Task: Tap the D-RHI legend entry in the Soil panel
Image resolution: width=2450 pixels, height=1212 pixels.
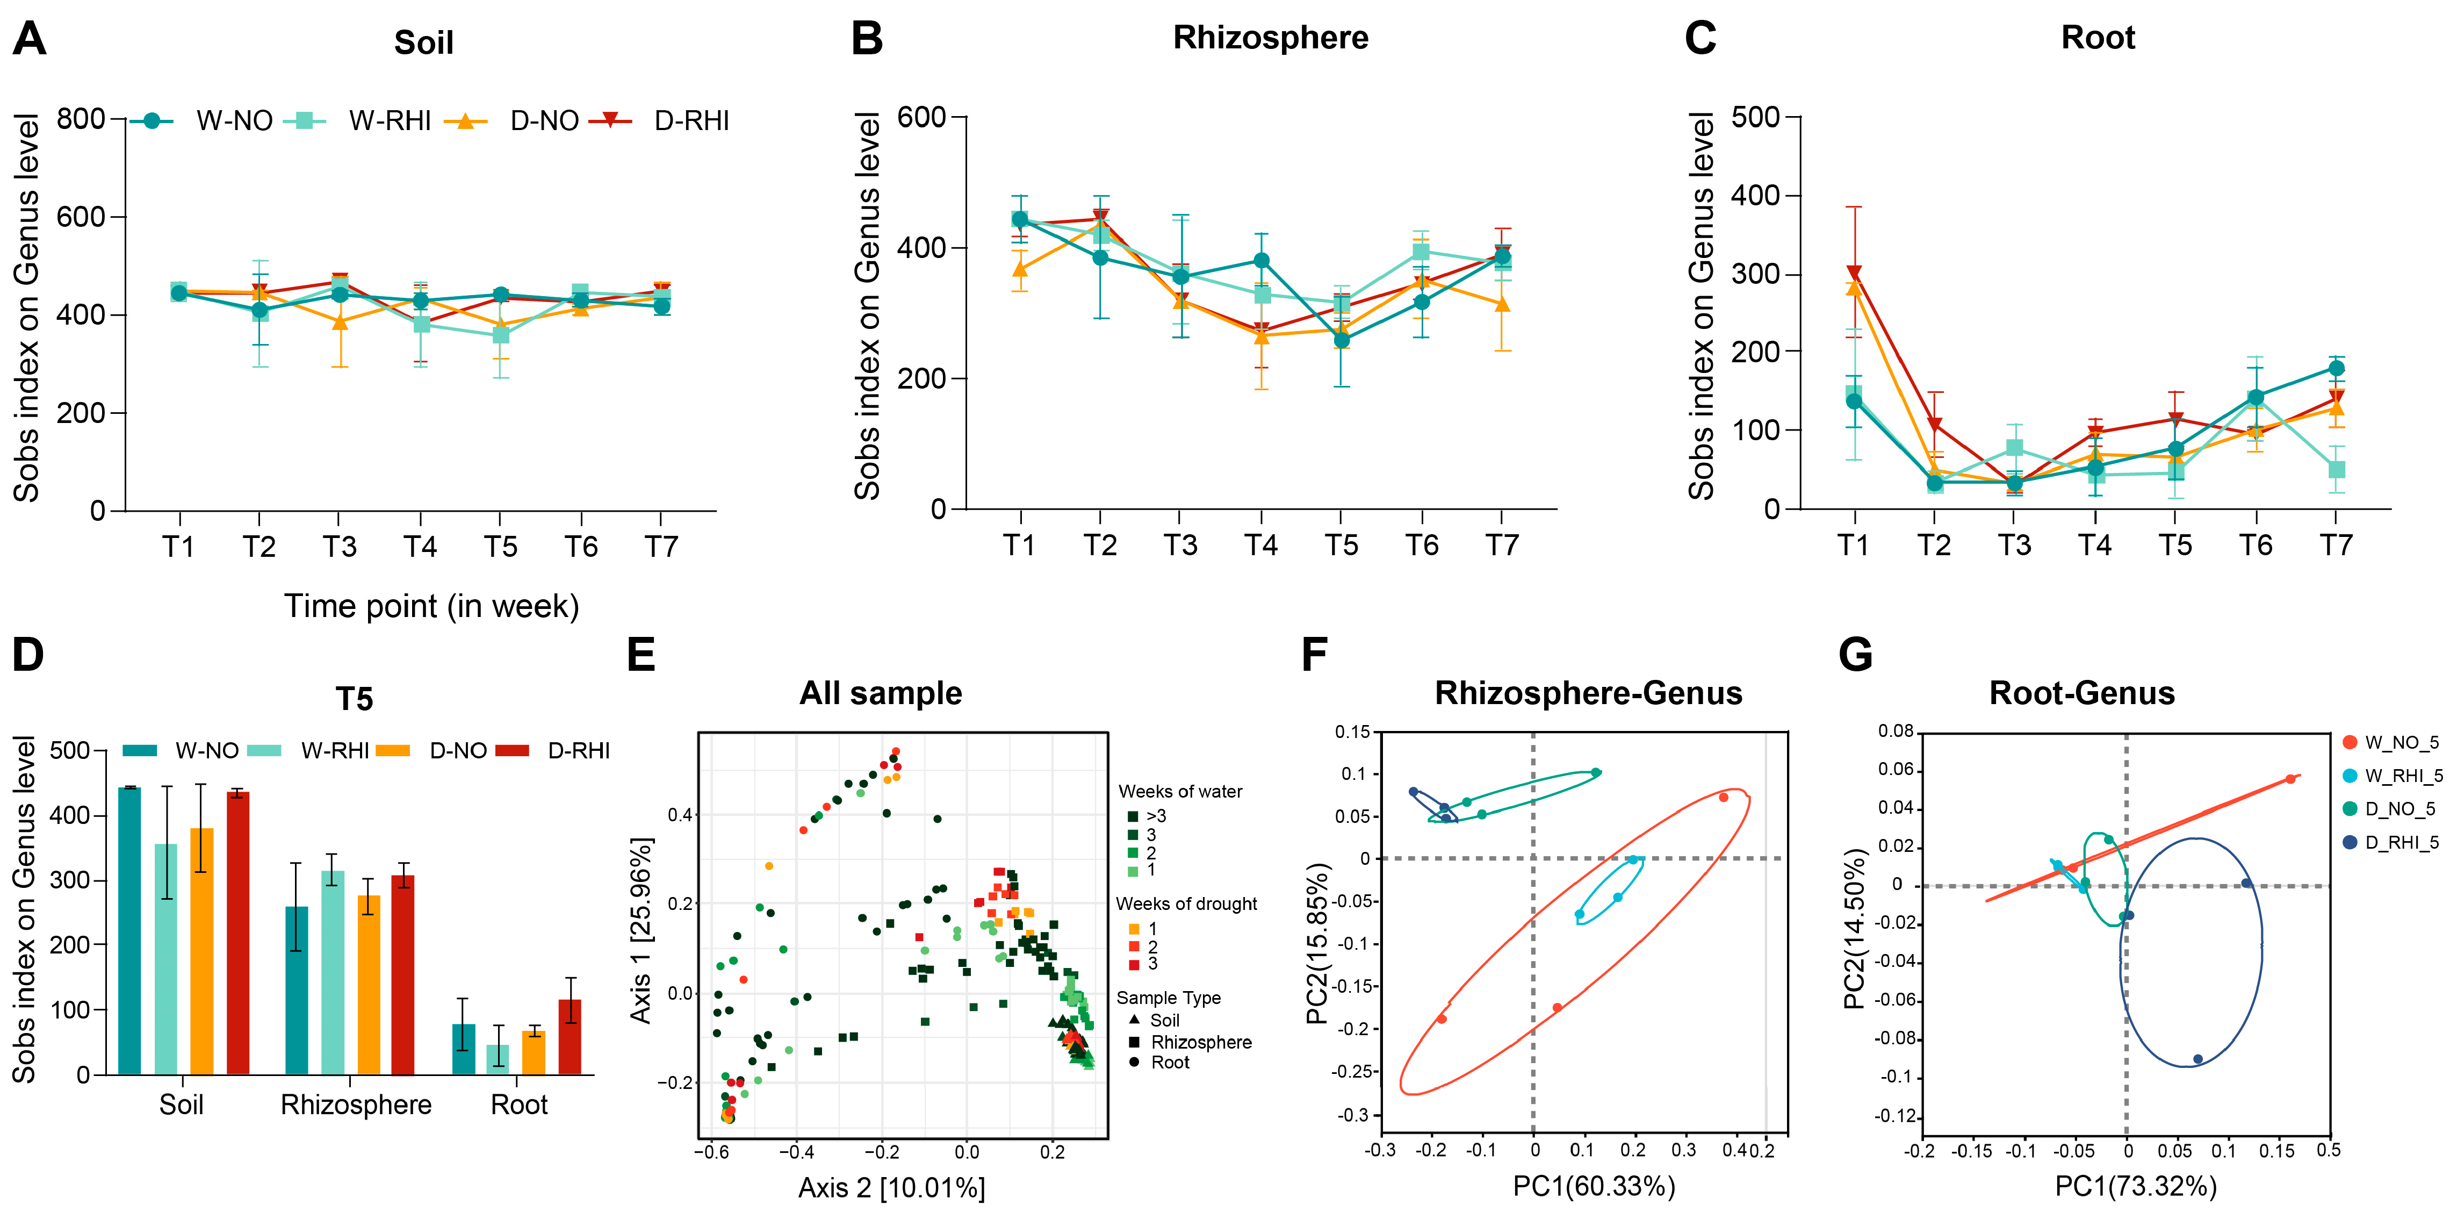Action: pyautogui.click(x=690, y=121)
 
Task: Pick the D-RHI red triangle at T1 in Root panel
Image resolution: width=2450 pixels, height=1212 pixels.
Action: pyautogui.click(x=1854, y=274)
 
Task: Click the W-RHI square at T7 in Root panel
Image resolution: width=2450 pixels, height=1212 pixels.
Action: pyautogui.click(x=2336, y=470)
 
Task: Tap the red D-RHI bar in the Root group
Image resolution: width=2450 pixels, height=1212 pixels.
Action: pyautogui.click(x=570, y=1037)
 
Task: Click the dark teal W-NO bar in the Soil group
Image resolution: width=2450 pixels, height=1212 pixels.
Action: pyautogui.click(x=129, y=930)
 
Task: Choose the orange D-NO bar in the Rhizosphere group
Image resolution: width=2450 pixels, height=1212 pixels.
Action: pyautogui.click(x=369, y=985)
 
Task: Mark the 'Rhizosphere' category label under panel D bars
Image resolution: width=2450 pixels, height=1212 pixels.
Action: pyautogui.click(x=356, y=1105)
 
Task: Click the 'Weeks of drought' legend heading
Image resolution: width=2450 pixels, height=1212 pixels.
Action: pyautogui.click(x=1186, y=904)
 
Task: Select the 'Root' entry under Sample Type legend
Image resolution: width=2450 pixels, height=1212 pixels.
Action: pyautogui.click(x=1170, y=1063)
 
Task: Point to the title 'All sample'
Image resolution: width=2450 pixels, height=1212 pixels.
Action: pyautogui.click(x=881, y=693)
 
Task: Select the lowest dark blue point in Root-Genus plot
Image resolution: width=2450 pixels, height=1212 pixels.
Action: pyautogui.click(x=2197, y=1059)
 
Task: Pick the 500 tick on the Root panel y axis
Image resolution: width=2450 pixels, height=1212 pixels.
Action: pyautogui.click(x=1756, y=117)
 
